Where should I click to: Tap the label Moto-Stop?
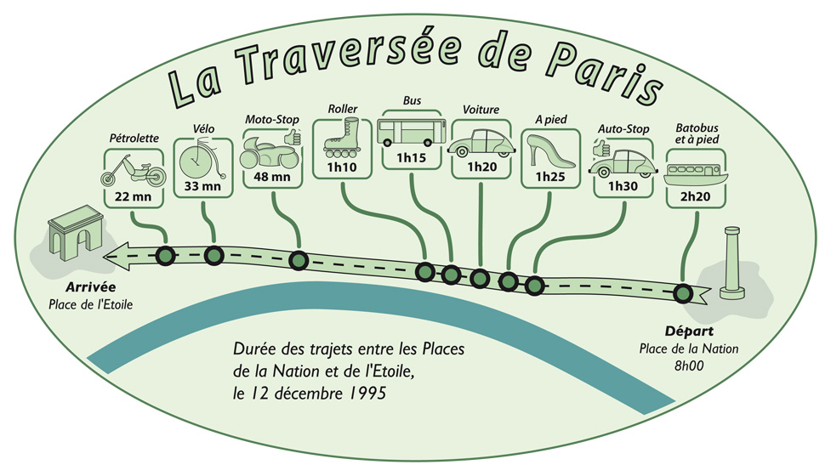tap(267, 120)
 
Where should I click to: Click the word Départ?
tap(688, 331)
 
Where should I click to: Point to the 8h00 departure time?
tap(689, 365)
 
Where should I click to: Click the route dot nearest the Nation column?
tap(681, 294)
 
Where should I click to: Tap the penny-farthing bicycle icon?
tap(202, 158)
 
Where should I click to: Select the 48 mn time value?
tap(272, 178)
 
